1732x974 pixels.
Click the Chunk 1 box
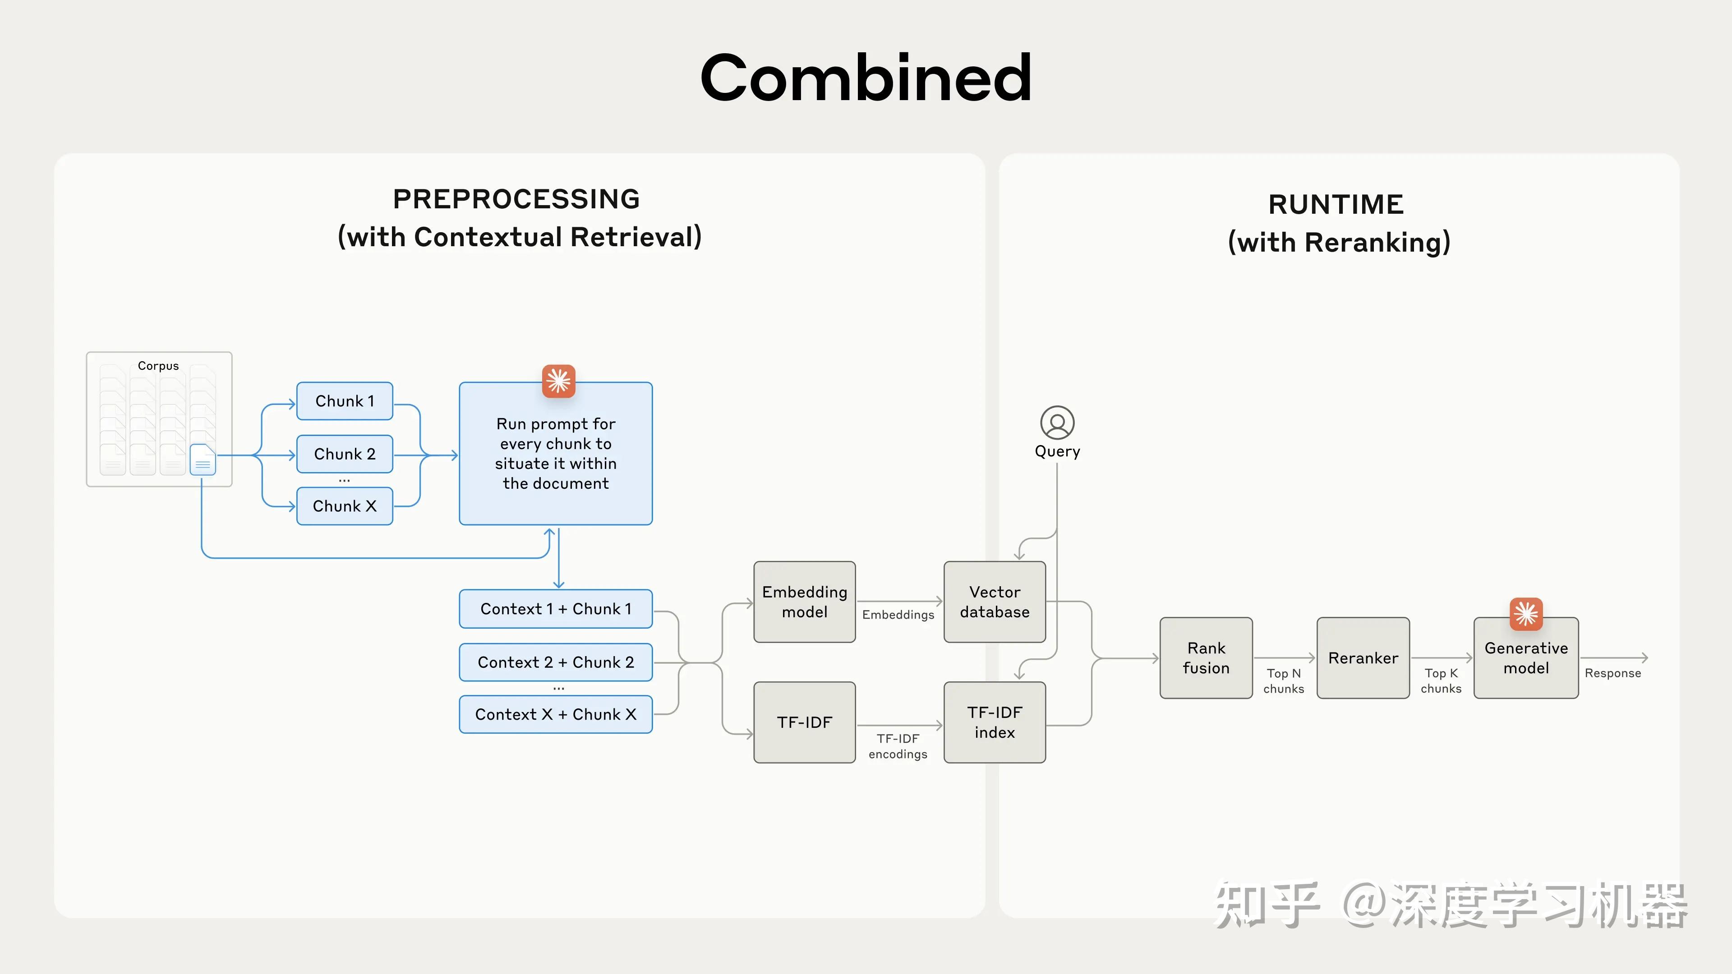pos(344,401)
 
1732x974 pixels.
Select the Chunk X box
pos(344,506)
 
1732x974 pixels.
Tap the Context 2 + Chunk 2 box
pos(555,662)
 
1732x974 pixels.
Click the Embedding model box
pos(804,602)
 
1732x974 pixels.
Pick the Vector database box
pos(995,602)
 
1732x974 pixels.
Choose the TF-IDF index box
pos(995,722)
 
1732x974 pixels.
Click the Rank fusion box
pos(1206,658)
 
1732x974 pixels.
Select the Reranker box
pos(1363,658)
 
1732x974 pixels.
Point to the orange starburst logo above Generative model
pos(1525,614)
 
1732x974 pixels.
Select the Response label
pos(1612,673)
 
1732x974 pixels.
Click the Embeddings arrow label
pos(898,614)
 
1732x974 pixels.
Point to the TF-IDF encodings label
pos(898,746)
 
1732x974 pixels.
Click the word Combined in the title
pos(866,78)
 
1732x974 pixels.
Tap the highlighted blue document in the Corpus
pos(203,460)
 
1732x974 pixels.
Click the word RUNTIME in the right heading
pos(1335,204)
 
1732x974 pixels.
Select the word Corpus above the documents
pos(158,366)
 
